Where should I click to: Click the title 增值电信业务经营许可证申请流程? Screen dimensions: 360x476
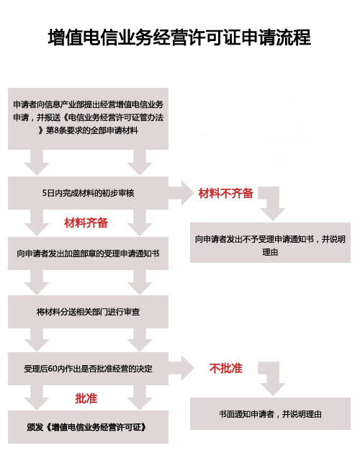tap(179, 37)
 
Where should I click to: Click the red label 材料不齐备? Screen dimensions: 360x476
tap(225, 193)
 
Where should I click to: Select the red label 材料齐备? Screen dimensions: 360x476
tap(86, 223)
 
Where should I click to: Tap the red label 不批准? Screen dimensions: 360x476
tap(225, 368)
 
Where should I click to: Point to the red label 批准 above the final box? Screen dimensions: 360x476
tap(86, 398)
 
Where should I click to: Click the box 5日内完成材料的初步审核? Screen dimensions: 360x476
tap(88, 193)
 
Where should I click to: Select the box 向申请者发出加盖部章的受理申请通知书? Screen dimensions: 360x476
tap(88, 253)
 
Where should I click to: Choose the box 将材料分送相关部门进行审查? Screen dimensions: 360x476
tap(88, 312)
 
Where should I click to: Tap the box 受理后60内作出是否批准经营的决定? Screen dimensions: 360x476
tap(88, 369)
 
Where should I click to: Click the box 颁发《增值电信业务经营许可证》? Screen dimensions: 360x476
tap(88, 427)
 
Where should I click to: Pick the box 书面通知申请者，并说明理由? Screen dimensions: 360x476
tap(270, 414)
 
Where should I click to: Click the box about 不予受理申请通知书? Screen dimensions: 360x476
tap(270, 243)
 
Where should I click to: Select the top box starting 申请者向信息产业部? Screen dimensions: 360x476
tap(88, 119)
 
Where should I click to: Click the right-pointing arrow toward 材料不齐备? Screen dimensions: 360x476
tap(181, 193)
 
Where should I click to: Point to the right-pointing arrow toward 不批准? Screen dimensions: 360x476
tap(181, 368)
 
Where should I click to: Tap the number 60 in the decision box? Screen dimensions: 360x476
tap(53, 369)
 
